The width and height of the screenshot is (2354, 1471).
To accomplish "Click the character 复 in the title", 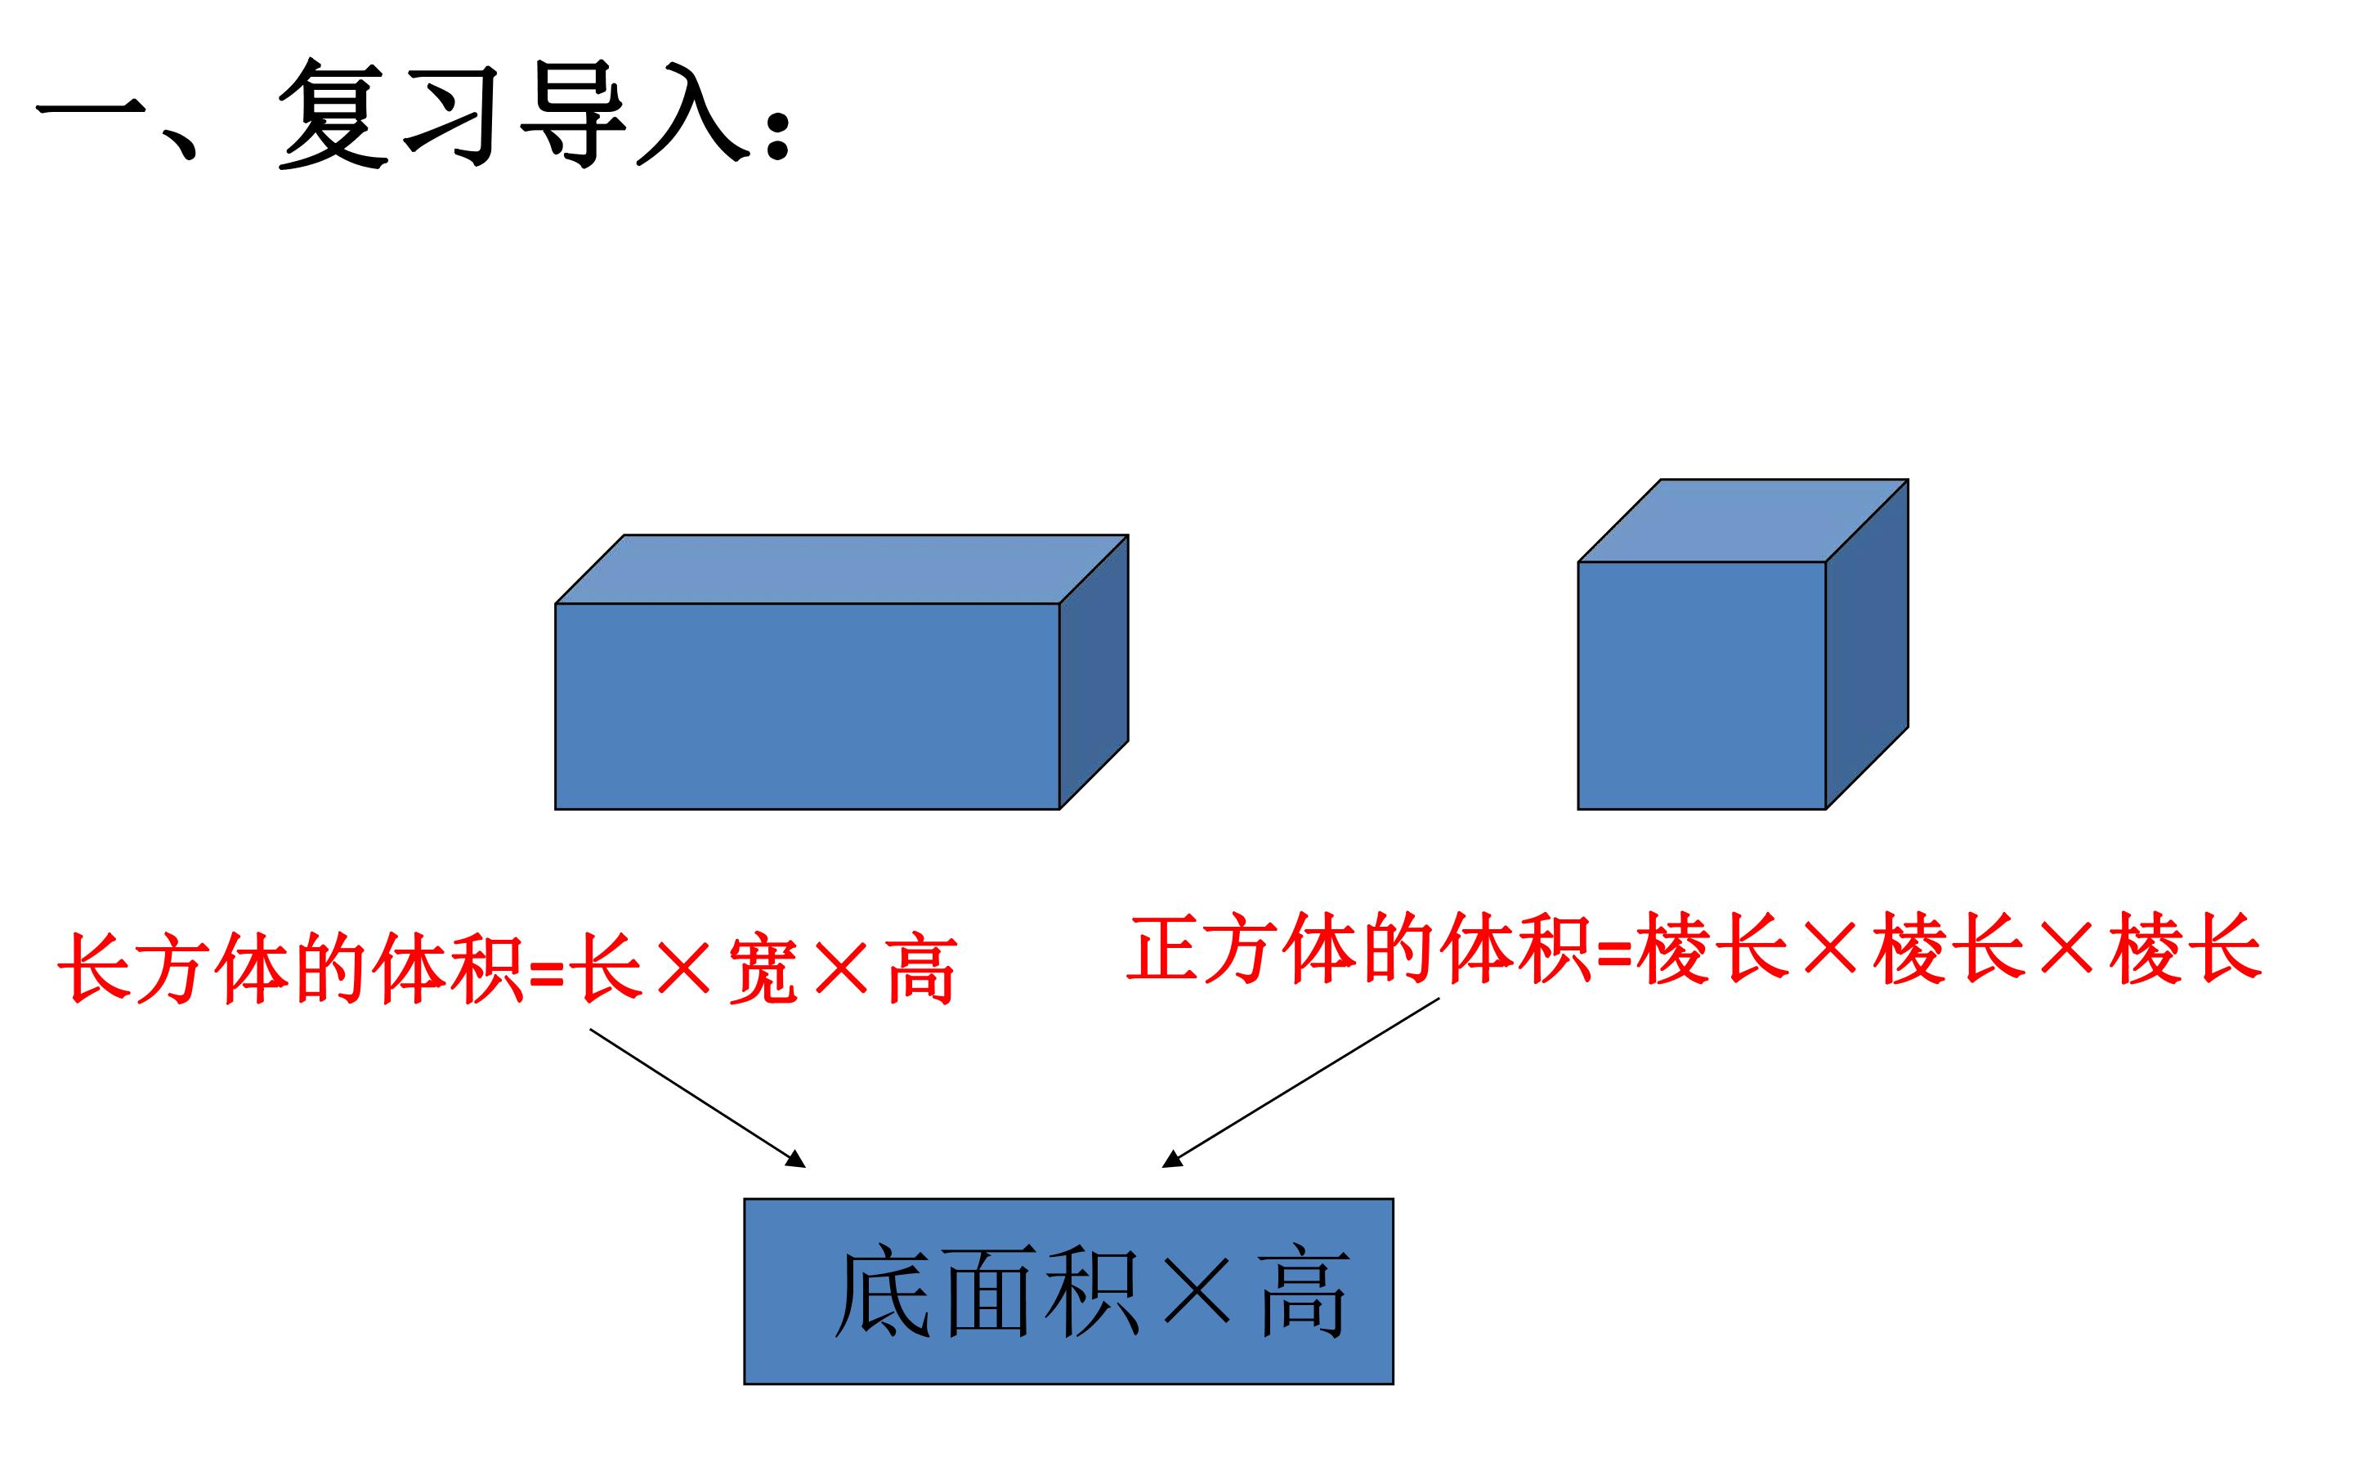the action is (333, 113).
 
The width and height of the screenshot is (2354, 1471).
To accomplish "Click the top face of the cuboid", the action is (841, 569).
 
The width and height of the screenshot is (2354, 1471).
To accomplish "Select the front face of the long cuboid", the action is (808, 706).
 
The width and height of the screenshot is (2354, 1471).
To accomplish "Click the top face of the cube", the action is (1743, 521).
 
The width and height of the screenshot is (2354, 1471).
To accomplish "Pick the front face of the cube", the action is (1703, 685).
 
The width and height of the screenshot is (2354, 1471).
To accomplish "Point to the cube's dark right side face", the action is (1868, 644).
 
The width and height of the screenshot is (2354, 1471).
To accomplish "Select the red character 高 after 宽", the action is (922, 969).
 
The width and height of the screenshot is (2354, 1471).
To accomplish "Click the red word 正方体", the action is (1242, 948).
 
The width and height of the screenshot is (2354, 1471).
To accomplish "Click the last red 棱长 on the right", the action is (2186, 948).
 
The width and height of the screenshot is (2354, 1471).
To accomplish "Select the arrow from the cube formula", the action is (1300, 1082).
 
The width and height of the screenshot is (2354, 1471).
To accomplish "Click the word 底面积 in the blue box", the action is (987, 1292).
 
